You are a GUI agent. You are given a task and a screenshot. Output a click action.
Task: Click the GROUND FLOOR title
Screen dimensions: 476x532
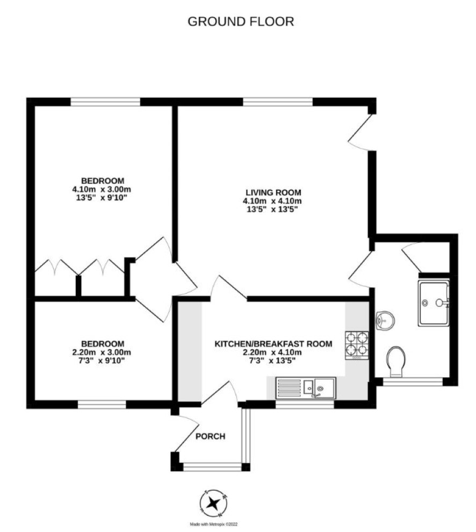click(241, 21)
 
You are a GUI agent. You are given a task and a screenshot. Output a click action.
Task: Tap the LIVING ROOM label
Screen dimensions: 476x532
click(273, 192)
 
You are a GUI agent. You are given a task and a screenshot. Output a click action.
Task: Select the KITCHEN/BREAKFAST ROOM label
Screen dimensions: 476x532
click(273, 344)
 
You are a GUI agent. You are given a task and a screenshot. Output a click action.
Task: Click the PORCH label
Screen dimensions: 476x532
click(211, 436)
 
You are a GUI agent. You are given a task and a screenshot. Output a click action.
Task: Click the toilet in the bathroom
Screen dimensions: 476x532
click(396, 362)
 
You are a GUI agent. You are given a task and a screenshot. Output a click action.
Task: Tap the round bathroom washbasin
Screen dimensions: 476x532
click(385, 320)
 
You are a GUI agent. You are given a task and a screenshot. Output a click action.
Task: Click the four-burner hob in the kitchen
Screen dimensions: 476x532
click(357, 346)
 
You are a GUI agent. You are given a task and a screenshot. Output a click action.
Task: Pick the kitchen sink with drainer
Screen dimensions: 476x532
click(305, 388)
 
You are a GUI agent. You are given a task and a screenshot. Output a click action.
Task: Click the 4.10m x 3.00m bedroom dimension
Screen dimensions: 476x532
click(102, 189)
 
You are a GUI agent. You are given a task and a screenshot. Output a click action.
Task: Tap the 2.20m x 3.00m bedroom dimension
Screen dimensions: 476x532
click(102, 352)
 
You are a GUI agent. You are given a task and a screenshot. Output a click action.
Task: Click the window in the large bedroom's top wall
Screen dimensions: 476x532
click(105, 102)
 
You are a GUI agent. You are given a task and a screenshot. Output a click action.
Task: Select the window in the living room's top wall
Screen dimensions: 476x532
click(278, 102)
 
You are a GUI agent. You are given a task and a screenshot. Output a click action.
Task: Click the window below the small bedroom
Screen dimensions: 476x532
click(102, 405)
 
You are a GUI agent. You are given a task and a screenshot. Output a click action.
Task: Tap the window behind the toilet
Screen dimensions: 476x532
click(413, 382)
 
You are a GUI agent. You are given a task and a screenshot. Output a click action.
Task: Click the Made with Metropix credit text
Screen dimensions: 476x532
click(213, 524)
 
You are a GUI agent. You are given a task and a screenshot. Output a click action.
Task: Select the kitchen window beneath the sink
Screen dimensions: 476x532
click(305, 405)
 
